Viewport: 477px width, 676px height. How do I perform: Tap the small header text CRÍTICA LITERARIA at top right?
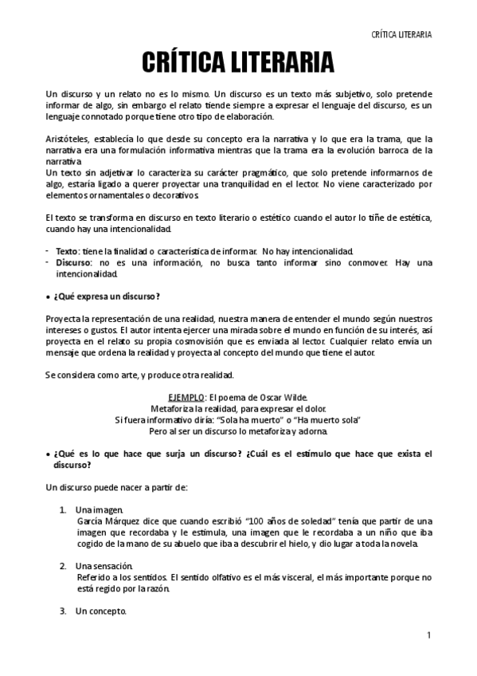[x=402, y=34]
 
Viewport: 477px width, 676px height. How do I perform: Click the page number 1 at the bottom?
[x=428, y=635]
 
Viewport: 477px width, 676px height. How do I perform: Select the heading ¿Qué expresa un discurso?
[x=107, y=297]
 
